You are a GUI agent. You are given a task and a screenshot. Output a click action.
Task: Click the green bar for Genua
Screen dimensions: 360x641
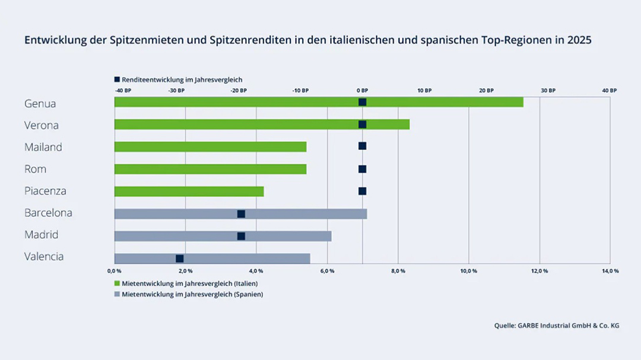click(319, 102)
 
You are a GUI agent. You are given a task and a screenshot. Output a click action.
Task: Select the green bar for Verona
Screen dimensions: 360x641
click(262, 125)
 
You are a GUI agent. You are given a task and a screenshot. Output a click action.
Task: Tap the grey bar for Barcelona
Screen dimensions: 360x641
click(240, 214)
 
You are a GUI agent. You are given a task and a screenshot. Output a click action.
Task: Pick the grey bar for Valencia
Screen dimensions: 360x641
click(212, 259)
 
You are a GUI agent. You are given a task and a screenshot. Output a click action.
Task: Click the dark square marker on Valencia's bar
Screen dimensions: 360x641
click(179, 259)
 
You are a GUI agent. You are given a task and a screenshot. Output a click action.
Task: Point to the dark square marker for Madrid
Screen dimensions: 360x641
click(241, 236)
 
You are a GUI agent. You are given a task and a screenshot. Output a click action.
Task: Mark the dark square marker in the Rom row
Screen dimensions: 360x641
click(362, 169)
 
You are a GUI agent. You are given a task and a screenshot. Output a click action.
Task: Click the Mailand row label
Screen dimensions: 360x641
click(43, 147)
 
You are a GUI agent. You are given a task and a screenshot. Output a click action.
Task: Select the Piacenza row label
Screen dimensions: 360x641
click(45, 191)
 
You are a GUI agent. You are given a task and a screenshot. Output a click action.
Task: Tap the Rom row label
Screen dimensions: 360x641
click(35, 169)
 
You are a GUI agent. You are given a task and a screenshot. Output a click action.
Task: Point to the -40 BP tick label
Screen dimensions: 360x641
click(123, 91)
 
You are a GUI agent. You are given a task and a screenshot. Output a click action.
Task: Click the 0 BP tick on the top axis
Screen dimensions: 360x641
click(362, 91)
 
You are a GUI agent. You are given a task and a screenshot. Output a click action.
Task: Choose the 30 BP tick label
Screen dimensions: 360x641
click(548, 91)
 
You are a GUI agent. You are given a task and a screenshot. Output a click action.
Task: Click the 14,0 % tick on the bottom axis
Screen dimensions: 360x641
click(610, 271)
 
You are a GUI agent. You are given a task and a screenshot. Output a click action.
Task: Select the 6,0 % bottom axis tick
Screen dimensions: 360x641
click(327, 271)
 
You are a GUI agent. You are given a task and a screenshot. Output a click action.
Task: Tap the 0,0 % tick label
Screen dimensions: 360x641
click(114, 271)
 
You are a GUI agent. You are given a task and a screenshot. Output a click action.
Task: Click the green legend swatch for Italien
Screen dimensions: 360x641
click(117, 283)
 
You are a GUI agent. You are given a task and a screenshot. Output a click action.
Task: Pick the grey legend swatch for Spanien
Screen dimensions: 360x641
click(117, 294)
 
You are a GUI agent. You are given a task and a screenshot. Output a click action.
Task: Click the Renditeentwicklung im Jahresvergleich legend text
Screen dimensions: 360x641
click(182, 79)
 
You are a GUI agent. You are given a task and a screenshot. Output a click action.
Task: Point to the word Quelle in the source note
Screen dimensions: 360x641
click(504, 326)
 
